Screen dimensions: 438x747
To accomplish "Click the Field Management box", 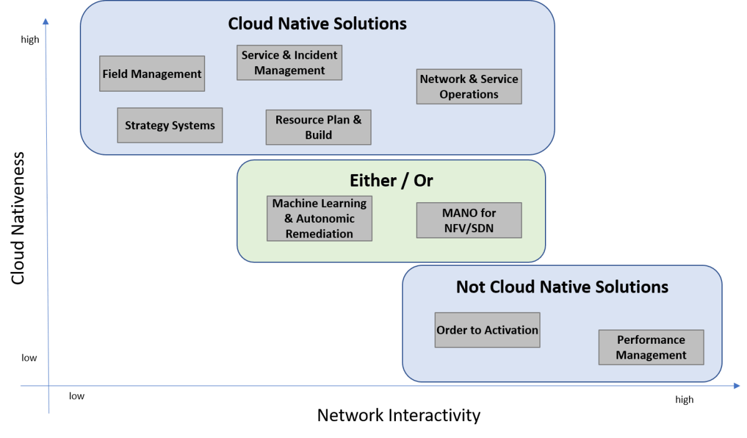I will pos(152,74).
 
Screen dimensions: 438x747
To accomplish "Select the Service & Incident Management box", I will pos(289,62).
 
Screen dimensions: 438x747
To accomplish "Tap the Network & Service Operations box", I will pos(469,87).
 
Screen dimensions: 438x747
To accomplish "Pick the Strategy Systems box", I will pos(170,125).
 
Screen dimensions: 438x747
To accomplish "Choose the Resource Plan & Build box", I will pos(319,127).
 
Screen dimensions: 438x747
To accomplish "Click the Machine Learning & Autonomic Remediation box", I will pos(319,218).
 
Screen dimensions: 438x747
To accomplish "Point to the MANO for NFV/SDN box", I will pos(469,220).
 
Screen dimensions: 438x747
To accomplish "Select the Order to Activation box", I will pos(487,330).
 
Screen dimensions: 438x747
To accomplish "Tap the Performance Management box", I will pos(651,348).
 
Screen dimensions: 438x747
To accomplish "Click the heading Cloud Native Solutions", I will pos(317,24).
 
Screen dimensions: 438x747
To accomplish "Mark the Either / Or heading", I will pos(391,181).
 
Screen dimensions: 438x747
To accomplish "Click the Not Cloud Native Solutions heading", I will pos(562,287).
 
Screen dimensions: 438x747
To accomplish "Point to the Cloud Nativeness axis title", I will pos(18,218).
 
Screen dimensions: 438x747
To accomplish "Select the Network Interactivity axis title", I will pos(398,416).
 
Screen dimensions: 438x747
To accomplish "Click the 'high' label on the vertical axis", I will pos(30,40).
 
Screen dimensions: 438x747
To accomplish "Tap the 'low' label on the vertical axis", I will pos(29,358).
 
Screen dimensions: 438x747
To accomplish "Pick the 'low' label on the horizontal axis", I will pos(77,396).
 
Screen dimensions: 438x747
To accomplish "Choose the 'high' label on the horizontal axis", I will pos(684,400).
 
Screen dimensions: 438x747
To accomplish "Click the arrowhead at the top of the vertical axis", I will pos(47,22).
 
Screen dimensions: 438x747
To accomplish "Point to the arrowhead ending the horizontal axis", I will pos(736,387).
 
